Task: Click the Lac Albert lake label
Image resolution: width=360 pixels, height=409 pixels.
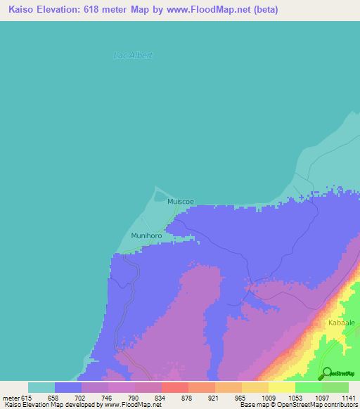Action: coord(133,56)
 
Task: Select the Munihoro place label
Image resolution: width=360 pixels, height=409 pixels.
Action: coord(146,235)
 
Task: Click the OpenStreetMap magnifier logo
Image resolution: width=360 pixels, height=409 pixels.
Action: coord(326,373)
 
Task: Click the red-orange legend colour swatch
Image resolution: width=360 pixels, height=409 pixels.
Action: coord(174,387)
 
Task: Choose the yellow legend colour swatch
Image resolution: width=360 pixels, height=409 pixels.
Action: coord(281,387)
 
